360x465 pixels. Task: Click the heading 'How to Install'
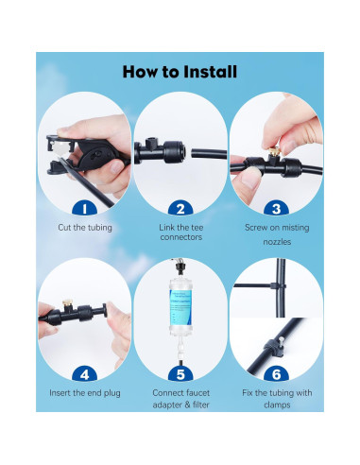click(180, 71)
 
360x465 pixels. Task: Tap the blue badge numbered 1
click(84, 208)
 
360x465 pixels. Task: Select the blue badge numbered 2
click(180, 208)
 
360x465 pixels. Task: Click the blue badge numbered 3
click(275, 208)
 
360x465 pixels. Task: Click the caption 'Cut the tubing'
click(84, 228)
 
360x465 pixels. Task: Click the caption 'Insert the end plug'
click(84, 392)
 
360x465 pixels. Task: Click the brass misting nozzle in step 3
click(271, 146)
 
